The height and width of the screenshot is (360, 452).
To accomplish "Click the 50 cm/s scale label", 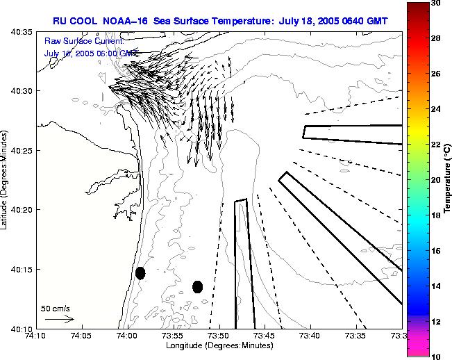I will point(56,308).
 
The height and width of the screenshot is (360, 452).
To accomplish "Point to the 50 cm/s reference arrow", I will point(59,319).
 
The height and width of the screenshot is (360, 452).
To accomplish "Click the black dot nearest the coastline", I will point(140,273).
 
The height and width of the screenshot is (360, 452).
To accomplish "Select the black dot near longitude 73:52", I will point(197,286).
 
